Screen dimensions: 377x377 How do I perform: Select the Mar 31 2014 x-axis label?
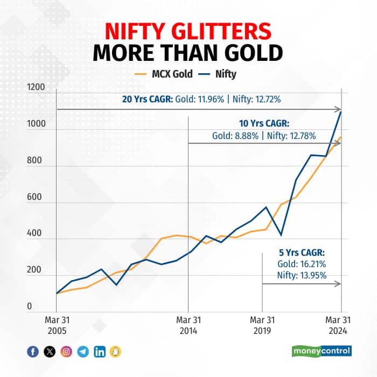187,326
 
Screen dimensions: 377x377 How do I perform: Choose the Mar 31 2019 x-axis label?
262,326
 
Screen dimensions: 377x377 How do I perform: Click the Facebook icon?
33,352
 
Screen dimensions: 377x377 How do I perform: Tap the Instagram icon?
66,352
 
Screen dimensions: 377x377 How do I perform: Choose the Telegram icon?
83,352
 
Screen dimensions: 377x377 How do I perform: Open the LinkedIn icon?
100,352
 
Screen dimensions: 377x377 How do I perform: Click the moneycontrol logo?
322,351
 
